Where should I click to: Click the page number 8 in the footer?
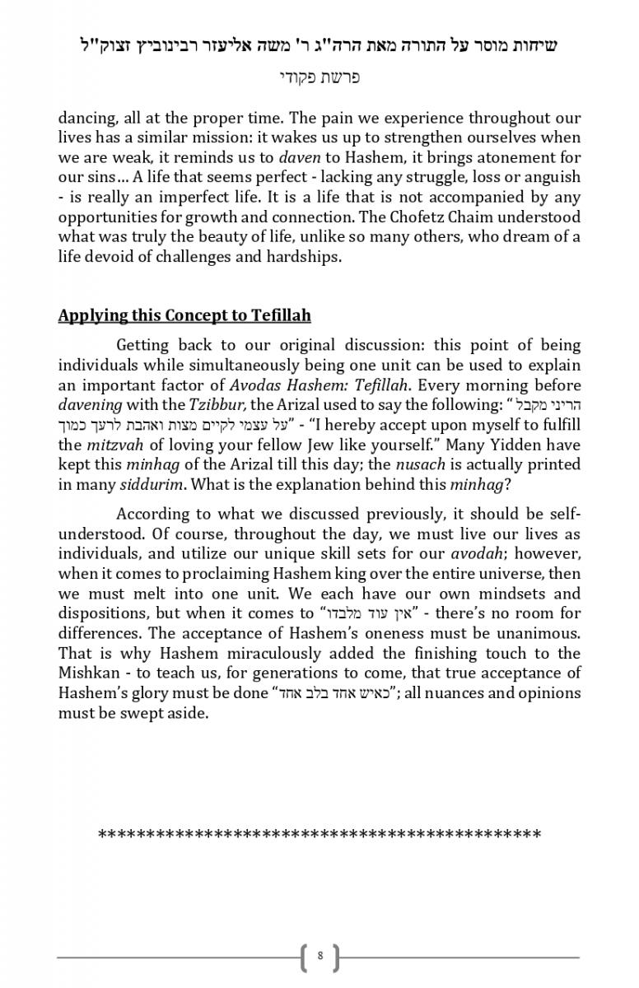(x=319, y=957)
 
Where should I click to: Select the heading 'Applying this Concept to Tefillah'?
(x=184, y=316)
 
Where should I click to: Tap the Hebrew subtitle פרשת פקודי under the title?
(x=319, y=78)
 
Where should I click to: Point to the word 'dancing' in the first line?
(x=86, y=118)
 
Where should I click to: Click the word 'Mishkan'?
(x=87, y=673)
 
